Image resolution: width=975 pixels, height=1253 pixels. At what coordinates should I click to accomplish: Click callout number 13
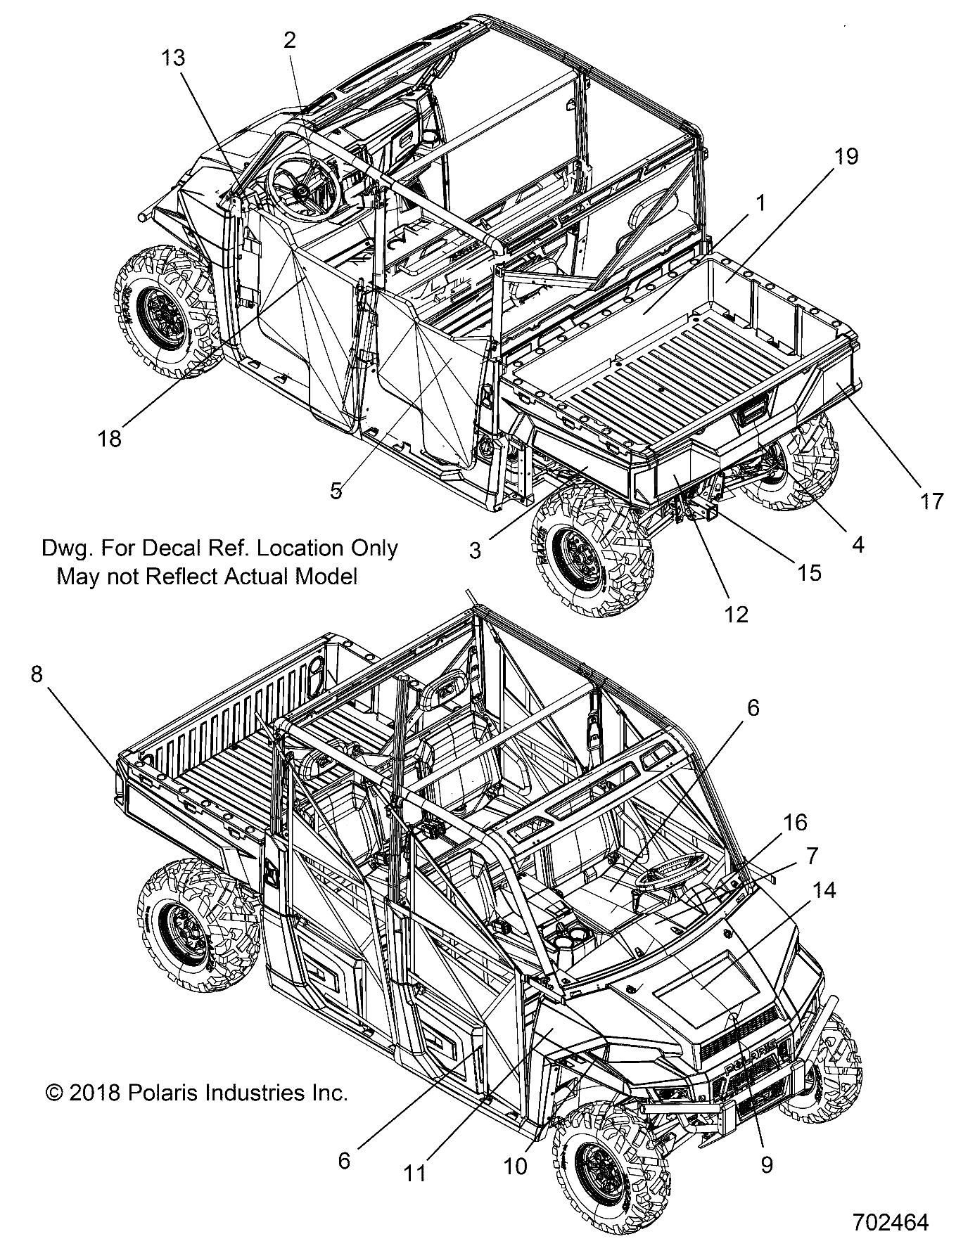tap(172, 58)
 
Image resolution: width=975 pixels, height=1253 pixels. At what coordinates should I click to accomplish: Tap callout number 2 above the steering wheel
tap(290, 40)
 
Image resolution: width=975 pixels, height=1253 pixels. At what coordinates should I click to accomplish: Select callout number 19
tap(848, 156)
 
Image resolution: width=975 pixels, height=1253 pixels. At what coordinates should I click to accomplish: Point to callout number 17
tap(931, 501)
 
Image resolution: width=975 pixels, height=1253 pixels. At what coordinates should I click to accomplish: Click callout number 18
tap(110, 438)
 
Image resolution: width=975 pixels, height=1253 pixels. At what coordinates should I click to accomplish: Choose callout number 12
tap(736, 613)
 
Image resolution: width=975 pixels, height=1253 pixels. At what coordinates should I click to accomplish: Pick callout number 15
tap(810, 572)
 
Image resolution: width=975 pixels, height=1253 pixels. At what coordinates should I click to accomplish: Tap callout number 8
tap(37, 674)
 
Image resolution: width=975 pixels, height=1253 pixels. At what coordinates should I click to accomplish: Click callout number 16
tap(796, 822)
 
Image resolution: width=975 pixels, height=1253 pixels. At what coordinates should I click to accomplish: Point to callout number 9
tap(767, 1164)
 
